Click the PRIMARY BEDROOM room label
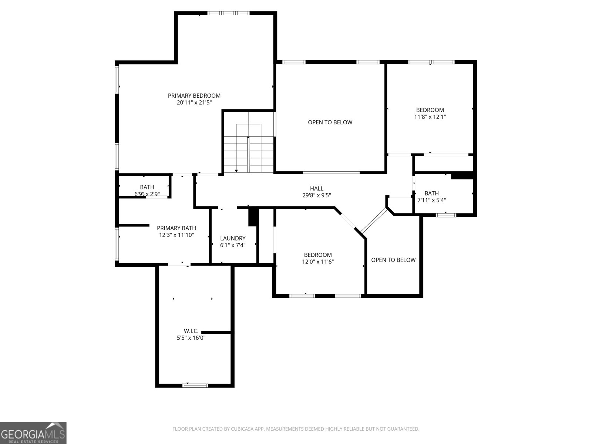tap(194, 96)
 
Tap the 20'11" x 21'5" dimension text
tap(194, 103)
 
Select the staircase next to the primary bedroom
tap(249, 148)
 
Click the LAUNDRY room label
tap(233, 239)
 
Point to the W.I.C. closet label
tap(191, 331)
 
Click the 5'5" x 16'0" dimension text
tap(191, 337)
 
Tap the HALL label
tap(316, 188)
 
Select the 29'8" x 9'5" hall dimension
tap(316, 195)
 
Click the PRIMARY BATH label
tap(176, 228)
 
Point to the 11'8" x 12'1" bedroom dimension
tap(430, 117)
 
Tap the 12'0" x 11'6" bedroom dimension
tap(318, 262)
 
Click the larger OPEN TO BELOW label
tap(330, 122)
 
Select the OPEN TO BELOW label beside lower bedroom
tap(393, 260)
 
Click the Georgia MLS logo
tap(33, 433)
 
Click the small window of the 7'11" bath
tap(445, 215)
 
